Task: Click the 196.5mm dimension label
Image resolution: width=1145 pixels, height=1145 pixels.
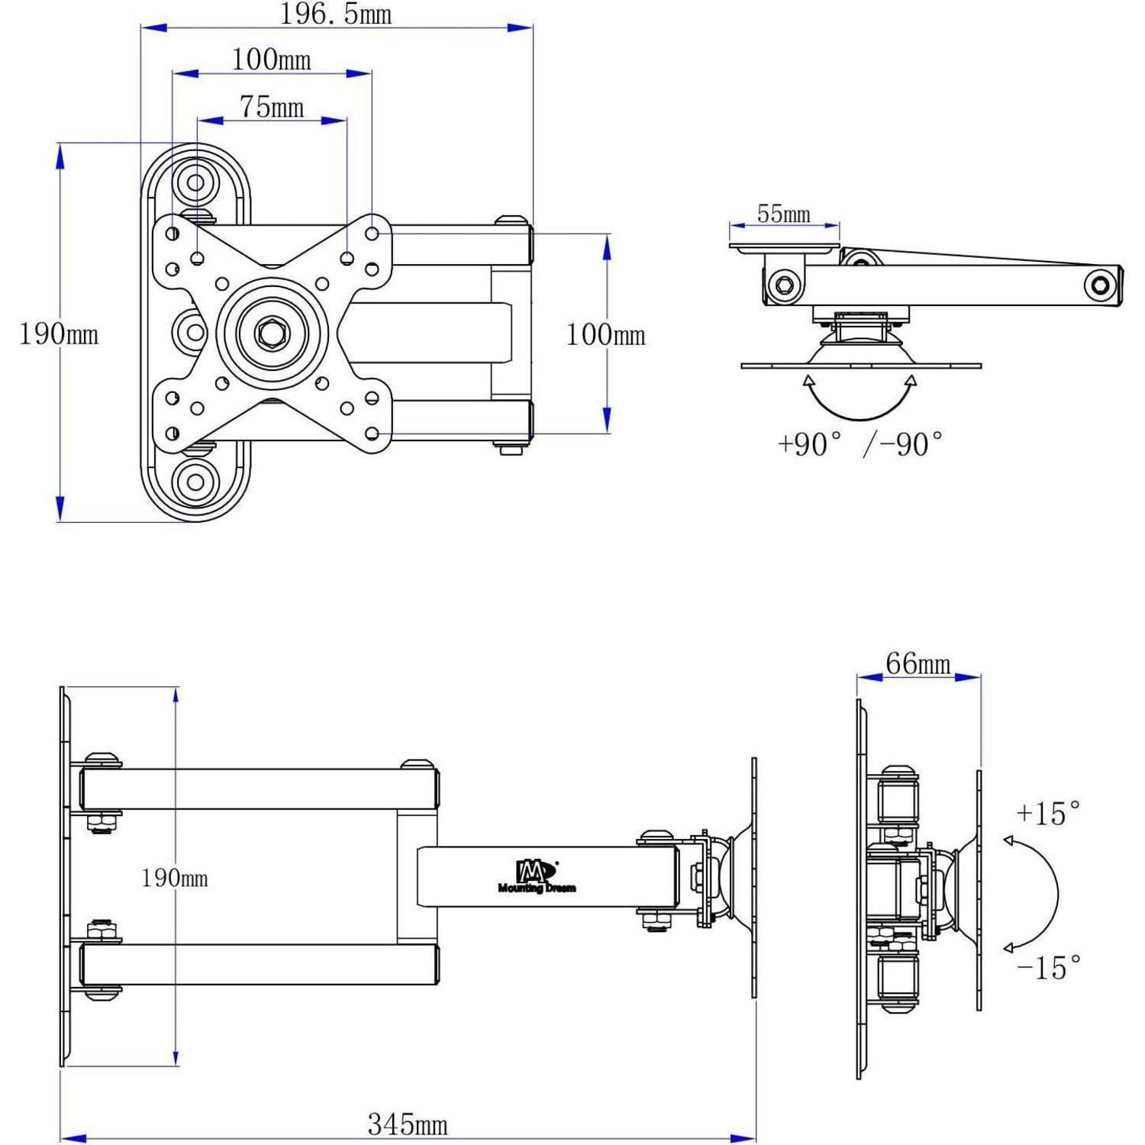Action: (336, 15)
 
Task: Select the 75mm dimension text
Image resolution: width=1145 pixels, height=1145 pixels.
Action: (272, 107)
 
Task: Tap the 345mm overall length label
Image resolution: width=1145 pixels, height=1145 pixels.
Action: (408, 1124)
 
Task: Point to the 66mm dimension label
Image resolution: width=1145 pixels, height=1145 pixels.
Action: (918, 663)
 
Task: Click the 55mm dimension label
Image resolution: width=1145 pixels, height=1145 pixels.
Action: (784, 214)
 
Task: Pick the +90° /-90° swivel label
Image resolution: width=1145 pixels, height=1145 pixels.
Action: (860, 443)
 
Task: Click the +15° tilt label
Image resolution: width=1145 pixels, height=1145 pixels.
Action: (1048, 813)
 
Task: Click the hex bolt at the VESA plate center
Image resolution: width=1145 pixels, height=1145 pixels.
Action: (272, 332)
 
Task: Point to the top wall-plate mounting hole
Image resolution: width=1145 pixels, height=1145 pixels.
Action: (195, 182)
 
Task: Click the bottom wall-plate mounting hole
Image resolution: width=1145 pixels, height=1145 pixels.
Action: (195, 482)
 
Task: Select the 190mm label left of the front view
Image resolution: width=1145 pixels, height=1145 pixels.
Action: (59, 334)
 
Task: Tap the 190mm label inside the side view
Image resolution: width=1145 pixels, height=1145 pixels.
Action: (175, 878)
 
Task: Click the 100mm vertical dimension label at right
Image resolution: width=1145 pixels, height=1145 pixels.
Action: (605, 334)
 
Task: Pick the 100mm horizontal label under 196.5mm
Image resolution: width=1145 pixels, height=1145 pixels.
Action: (272, 60)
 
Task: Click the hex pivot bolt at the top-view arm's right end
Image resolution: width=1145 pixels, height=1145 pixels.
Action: (1100, 285)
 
